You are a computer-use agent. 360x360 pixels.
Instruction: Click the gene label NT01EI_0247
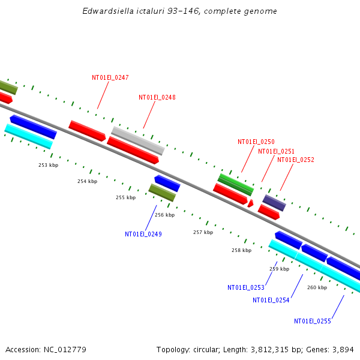pos(110,77)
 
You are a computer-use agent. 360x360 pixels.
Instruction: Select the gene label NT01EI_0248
pos(157,97)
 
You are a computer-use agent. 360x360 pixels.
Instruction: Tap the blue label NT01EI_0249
pos(143,234)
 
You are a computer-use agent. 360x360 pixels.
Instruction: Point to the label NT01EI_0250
pos(256,142)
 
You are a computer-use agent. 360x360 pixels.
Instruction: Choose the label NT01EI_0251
pos(276,151)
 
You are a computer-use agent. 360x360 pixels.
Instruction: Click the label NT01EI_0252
pos(295,160)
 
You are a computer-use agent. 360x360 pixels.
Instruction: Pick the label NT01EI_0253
pos(245,287)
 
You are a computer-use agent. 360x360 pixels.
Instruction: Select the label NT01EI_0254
pos(271,300)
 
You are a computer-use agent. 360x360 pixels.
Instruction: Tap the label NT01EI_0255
pos(312,321)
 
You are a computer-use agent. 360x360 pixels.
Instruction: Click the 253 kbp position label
pos(49,165)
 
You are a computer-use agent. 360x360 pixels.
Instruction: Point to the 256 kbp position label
pos(164,215)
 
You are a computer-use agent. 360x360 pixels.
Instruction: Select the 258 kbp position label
pos(241,250)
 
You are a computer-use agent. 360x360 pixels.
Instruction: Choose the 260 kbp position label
pos(317,287)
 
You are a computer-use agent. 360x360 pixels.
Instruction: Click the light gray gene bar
pos(137,140)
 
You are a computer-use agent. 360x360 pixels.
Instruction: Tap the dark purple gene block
pos(274,202)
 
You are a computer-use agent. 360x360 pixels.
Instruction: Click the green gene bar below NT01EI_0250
pos(235,184)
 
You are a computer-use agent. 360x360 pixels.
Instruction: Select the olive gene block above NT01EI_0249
pos(162,193)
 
